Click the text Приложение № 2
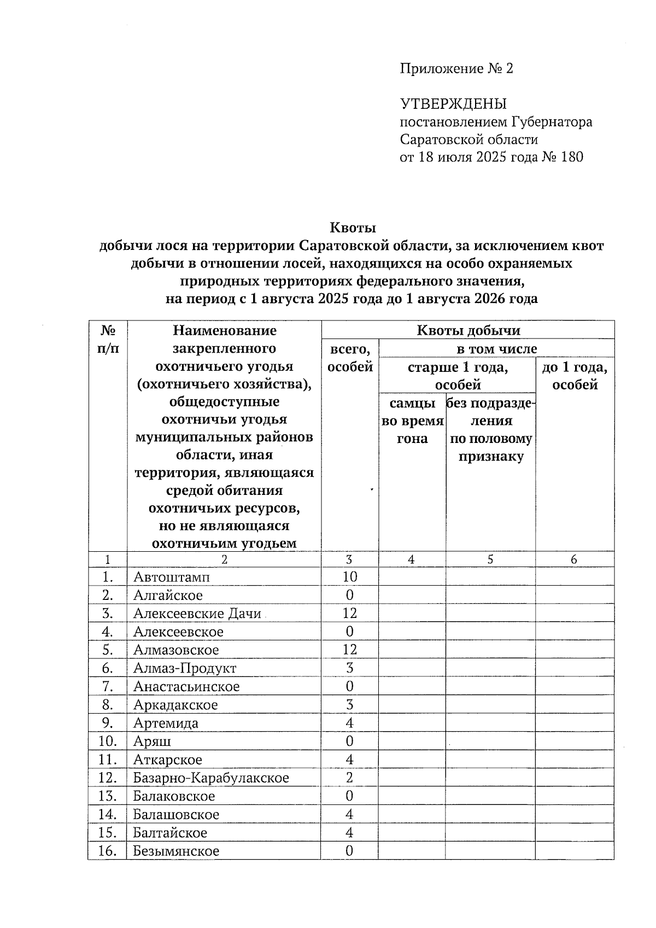pyautogui.click(x=456, y=69)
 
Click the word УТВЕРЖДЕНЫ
pyautogui.click(x=454, y=104)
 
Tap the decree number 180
pyautogui.click(x=572, y=157)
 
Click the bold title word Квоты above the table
pyautogui.click(x=353, y=227)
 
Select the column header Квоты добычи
pyautogui.click(x=468, y=330)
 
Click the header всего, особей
pyautogui.click(x=350, y=358)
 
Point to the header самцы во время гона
pyautogui.click(x=412, y=421)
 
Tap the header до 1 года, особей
pyautogui.click(x=575, y=376)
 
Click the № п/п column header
pyautogui.click(x=108, y=339)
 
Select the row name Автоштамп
pyautogui.click(x=171, y=577)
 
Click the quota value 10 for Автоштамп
pyautogui.click(x=349, y=576)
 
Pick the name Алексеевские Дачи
pyautogui.click(x=197, y=614)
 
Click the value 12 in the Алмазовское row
pyautogui.click(x=349, y=650)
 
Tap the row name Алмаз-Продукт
pyautogui.click(x=185, y=668)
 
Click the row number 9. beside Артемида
pyautogui.click(x=107, y=723)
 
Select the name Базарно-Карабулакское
pyautogui.click(x=211, y=778)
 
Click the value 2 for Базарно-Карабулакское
pyautogui.click(x=349, y=778)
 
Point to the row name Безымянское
pyautogui.click(x=176, y=851)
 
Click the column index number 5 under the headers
pyautogui.click(x=490, y=559)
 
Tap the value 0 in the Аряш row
pyautogui.click(x=349, y=741)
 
